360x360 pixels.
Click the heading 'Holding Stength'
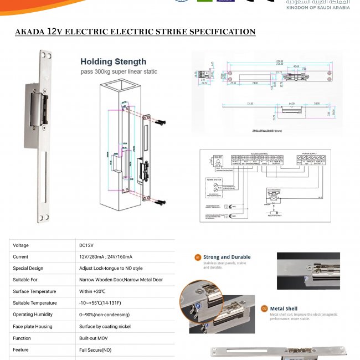pos(113,61)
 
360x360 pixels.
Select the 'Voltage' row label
pos(20,245)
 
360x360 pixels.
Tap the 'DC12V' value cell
pos(86,245)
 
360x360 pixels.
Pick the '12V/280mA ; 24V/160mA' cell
pos(106,257)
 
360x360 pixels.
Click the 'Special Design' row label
pos(28,269)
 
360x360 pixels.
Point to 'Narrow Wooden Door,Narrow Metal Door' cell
pos(121,280)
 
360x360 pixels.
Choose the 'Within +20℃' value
pos(92,292)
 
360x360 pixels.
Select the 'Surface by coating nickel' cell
pos(105,327)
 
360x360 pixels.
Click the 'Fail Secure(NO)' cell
pos(95,350)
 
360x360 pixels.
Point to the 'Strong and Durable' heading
pos(227,257)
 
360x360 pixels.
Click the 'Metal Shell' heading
pos(284,308)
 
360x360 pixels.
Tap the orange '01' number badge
pos(198,257)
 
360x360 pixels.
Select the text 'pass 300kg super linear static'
pos(119,72)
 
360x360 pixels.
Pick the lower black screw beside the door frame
pos(161,203)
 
